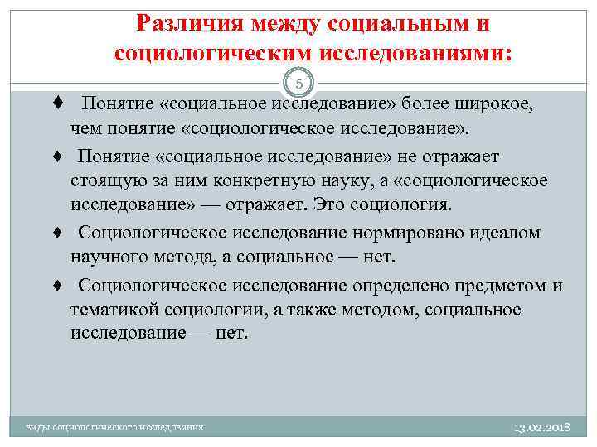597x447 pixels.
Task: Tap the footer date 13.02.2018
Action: [x=543, y=426]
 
